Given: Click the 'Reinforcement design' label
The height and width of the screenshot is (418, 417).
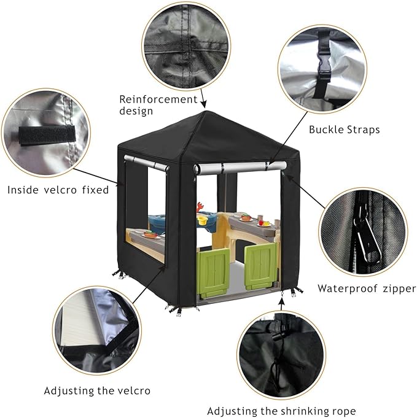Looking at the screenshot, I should click(x=158, y=104).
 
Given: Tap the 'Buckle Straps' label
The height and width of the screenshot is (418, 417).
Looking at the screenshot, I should click(x=344, y=130).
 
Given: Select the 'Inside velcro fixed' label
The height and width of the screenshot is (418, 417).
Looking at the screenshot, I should click(x=58, y=190).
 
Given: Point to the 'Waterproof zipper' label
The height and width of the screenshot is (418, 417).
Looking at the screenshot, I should click(x=366, y=288).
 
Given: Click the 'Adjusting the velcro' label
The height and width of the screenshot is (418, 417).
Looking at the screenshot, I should click(x=97, y=390).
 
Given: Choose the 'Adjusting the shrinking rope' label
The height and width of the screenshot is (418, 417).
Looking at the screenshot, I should click(x=281, y=411).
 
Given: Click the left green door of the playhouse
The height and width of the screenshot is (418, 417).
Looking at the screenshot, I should click(x=214, y=271).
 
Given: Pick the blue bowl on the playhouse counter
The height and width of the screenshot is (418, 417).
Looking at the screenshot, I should click(x=157, y=220).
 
